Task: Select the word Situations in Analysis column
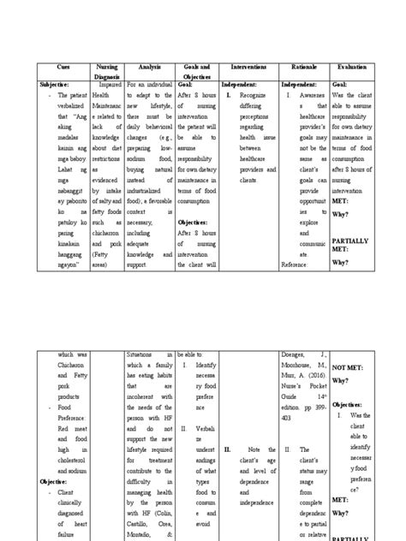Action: click(145, 353)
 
